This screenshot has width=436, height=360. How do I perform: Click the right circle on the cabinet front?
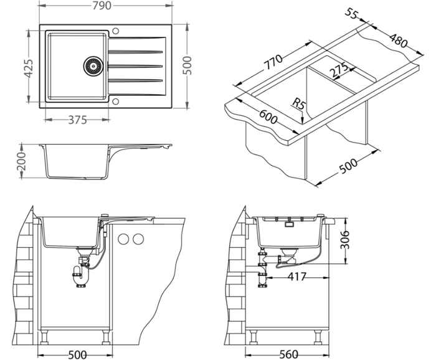click(138, 238)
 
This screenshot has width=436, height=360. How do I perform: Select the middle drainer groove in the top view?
click(136, 65)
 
